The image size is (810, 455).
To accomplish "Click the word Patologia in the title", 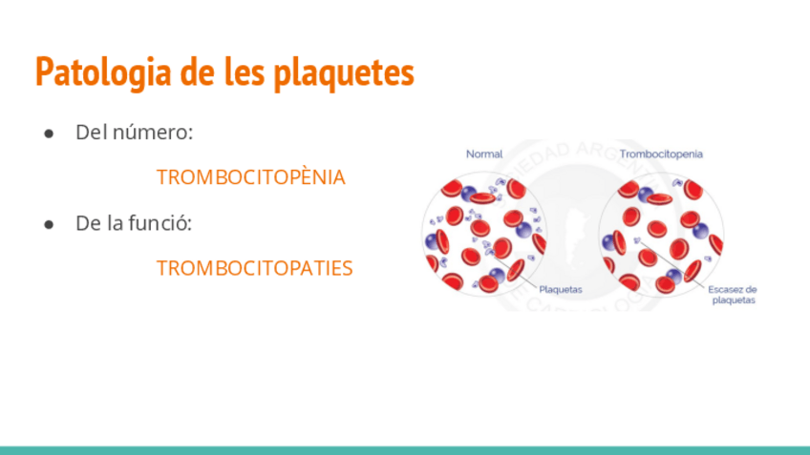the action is click(x=103, y=72).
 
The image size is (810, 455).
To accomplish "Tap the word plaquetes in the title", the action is click(x=344, y=73).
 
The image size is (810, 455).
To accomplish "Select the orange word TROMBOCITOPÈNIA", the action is click(x=251, y=177).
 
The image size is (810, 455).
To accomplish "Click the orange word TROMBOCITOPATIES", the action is click(x=255, y=268).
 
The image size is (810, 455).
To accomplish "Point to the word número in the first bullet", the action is click(x=153, y=133).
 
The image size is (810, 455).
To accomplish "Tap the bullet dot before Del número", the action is click(x=49, y=134).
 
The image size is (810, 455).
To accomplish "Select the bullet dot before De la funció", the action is click(x=49, y=225).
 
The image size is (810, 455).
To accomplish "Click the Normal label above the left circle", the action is click(x=484, y=154).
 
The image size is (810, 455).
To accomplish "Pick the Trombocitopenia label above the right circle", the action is click(x=661, y=154).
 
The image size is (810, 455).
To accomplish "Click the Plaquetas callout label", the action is click(x=561, y=289).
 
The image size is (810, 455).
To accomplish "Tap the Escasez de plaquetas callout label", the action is click(x=733, y=295).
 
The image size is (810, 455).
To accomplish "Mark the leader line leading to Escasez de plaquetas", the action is click(x=672, y=263).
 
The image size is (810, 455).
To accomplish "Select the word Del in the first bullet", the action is click(x=91, y=133).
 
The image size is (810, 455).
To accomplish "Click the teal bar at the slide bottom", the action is click(x=405, y=450).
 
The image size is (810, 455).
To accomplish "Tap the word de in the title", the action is click(x=198, y=72).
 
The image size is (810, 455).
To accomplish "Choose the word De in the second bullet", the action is click(x=88, y=223).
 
